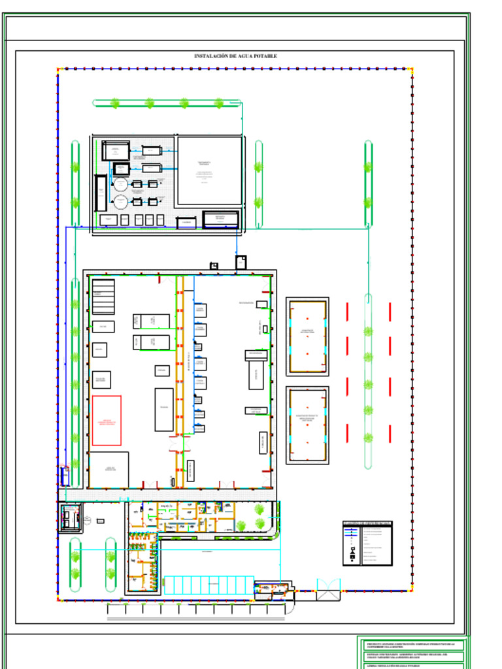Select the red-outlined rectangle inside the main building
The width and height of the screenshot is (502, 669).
click(107, 420)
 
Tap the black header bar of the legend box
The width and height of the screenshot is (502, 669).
click(367, 523)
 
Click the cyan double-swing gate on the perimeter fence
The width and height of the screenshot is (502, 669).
click(329, 585)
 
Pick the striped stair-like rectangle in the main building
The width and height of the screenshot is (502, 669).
click(103, 296)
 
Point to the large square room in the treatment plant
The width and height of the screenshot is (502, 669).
click(210, 171)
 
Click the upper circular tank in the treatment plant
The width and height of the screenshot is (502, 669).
click(121, 185)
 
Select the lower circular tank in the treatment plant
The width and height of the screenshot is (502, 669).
click(121, 201)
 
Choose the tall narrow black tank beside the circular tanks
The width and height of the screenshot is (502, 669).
click(101, 193)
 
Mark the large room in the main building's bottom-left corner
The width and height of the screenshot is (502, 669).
click(109, 469)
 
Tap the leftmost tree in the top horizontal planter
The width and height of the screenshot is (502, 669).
click(115, 103)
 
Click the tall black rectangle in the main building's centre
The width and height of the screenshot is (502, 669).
click(164, 410)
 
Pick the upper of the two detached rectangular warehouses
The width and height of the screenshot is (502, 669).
click(307, 336)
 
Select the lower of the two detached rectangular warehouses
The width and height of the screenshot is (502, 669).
click(307, 425)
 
